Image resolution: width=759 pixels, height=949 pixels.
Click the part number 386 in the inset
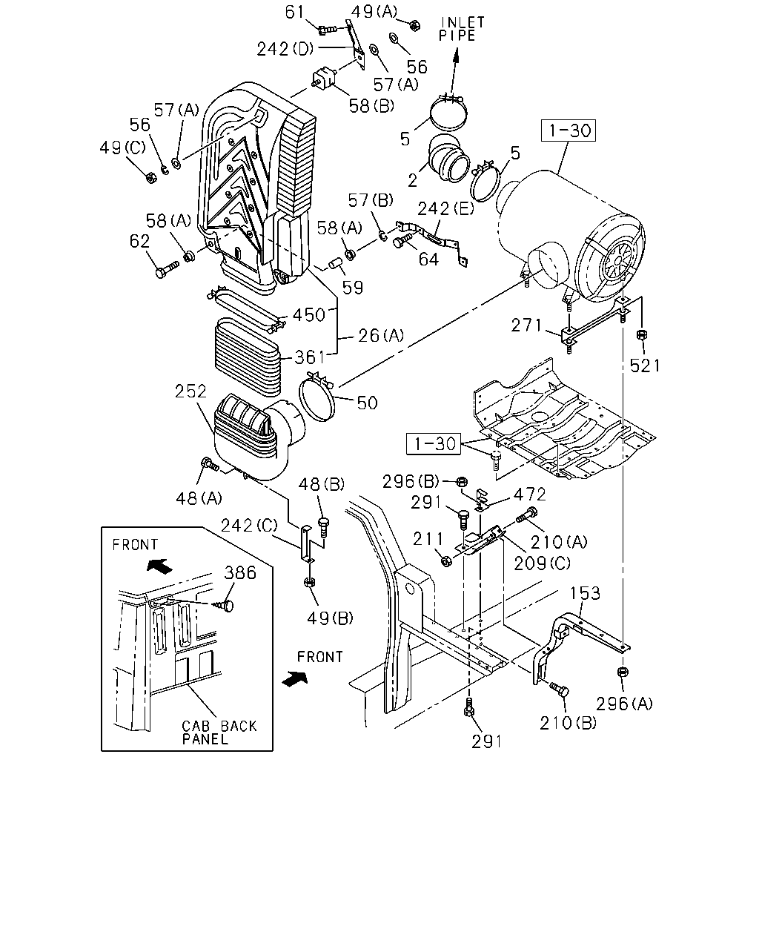[x=240, y=573]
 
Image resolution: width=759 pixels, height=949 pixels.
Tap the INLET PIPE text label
[x=462, y=29]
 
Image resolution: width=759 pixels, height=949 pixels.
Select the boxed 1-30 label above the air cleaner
[x=569, y=130]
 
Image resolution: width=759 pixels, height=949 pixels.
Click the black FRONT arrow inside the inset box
[x=159, y=566]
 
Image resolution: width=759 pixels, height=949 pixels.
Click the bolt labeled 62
[x=167, y=269]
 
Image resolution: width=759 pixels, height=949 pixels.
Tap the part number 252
[x=190, y=391]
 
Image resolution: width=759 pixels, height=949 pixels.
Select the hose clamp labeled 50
[x=317, y=396]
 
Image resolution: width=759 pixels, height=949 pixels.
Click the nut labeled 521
[x=642, y=334]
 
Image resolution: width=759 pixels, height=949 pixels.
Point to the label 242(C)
[x=249, y=525]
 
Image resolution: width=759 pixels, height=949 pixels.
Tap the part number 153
[x=585, y=593]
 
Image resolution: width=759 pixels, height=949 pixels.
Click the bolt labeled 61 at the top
[x=327, y=30]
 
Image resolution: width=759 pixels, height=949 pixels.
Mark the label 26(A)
[x=380, y=336]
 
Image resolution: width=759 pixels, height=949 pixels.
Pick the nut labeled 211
[x=446, y=561]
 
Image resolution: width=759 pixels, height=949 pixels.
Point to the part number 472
[x=529, y=495]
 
